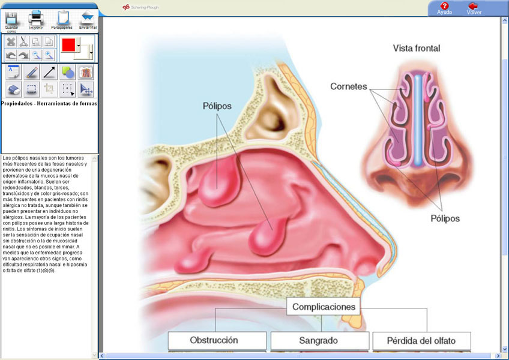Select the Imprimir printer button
(35, 19)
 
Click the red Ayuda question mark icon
(444, 6)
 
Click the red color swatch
(68, 45)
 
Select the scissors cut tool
(23, 41)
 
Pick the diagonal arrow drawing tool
(49, 72)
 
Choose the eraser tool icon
(14, 89)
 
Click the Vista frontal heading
(417, 49)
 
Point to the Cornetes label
(349, 86)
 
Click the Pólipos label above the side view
(217, 106)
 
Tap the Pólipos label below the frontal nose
(445, 218)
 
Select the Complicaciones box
(324, 307)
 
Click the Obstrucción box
(217, 341)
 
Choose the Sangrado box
(320, 341)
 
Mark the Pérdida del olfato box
(421, 341)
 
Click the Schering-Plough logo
(140, 7)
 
